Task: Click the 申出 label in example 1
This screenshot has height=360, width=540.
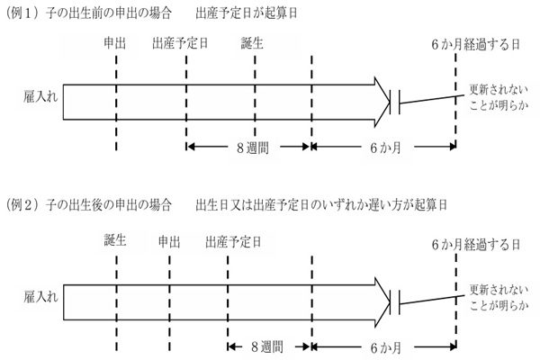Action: point(115,43)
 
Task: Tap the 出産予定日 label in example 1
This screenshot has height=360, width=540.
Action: point(180,43)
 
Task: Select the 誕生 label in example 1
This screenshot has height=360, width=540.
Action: point(252,43)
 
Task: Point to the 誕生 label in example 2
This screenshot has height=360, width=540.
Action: point(115,239)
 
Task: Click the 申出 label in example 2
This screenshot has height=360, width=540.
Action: point(169,242)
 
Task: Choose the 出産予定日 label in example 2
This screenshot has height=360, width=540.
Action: point(233,242)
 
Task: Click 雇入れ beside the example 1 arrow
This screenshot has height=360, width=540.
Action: point(40,97)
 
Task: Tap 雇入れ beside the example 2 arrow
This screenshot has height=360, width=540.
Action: point(40,297)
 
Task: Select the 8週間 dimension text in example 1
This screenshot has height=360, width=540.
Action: point(253,148)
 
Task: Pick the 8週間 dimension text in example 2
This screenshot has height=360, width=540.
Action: point(267,346)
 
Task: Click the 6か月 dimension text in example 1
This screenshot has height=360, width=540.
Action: point(385,148)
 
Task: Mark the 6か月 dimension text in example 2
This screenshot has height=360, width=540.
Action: point(385,348)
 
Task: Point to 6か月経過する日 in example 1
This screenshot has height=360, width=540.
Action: point(475,45)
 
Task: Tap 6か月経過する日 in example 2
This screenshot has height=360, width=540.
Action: point(475,245)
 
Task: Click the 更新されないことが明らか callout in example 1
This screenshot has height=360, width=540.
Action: point(499,97)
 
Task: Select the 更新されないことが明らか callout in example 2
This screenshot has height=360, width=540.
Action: point(499,298)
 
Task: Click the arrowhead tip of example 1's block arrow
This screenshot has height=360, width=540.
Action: point(390,102)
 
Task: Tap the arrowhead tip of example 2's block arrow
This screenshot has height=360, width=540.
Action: point(390,302)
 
